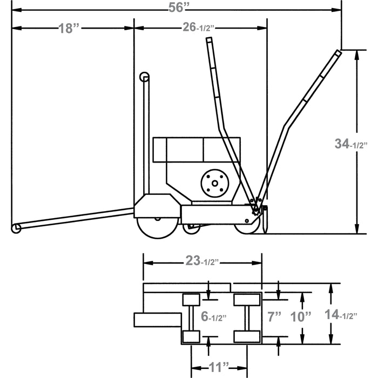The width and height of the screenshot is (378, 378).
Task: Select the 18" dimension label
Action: point(69,29)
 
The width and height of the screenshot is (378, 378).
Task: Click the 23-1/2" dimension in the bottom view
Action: point(201,262)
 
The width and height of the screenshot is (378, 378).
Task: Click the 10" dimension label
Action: point(301,315)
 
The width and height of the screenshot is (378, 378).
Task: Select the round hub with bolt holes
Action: point(214,183)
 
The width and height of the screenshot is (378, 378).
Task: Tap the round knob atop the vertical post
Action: point(145,77)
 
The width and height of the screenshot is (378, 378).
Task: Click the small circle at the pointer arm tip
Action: point(17,228)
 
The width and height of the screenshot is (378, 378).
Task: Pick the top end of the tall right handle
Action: point(337,53)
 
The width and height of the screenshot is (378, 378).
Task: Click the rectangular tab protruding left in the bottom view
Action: point(156,320)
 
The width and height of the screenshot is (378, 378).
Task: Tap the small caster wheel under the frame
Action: point(191,229)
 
